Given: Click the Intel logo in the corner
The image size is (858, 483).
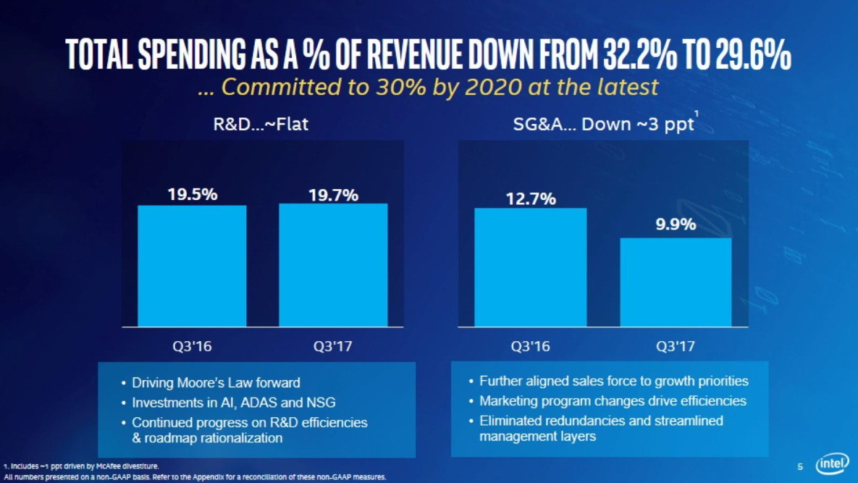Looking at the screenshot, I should pyautogui.click(x=833, y=465).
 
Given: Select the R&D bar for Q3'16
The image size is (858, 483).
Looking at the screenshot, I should pyautogui.click(x=192, y=266).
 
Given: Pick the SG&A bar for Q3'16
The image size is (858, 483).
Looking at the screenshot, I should pyautogui.click(x=530, y=267).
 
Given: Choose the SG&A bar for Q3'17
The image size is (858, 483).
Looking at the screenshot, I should pyautogui.click(x=676, y=282).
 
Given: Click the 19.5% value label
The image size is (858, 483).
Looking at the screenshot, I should pyautogui.click(x=193, y=194).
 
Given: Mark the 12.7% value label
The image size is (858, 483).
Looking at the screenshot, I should pyautogui.click(x=531, y=198).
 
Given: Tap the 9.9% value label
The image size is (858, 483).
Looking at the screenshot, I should pyautogui.click(x=676, y=224).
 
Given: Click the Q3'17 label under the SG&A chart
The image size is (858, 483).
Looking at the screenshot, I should pyautogui.click(x=676, y=346).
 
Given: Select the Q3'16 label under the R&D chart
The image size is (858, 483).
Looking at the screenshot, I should pyautogui.click(x=193, y=346).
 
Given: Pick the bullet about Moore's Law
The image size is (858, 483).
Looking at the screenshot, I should pyautogui.click(x=215, y=383).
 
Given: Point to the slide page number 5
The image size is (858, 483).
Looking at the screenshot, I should pyautogui.click(x=800, y=466).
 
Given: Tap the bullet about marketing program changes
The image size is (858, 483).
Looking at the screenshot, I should pyautogui.click(x=612, y=401).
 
